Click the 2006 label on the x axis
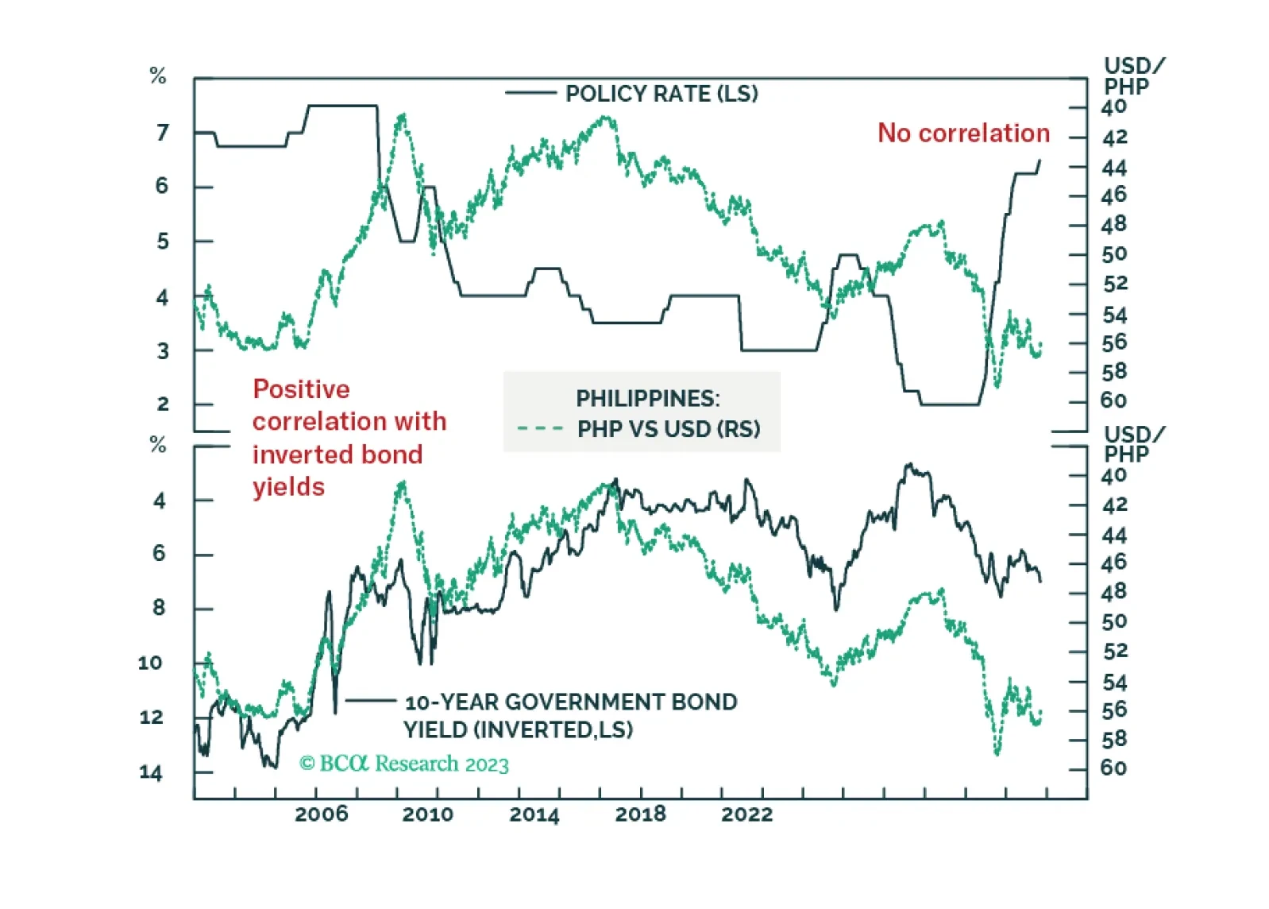pyautogui.click(x=321, y=814)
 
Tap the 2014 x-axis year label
pyautogui.click(x=534, y=814)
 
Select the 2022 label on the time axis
pyautogui.click(x=746, y=814)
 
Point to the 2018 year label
pyautogui.click(x=640, y=814)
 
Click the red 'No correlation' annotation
pyautogui.click(x=963, y=133)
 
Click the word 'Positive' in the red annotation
pyautogui.click(x=301, y=389)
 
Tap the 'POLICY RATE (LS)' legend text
pyautogui.click(x=661, y=94)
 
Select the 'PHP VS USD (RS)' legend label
pyautogui.click(x=669, y=429)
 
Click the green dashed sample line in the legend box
pyautogui.click(x=540, y=429)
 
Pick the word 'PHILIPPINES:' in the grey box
pyautogui.click(x=648, y=398)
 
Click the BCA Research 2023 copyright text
pyautogui.click(x=404, y=764)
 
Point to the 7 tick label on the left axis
pyautogui.click(x=163, y=133)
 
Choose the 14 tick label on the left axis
pyautogui.click(x=150, y=772)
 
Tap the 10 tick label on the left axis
pyautogui.click(x=150, y=663)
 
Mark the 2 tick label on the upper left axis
pyautogui.click(x=163, y=404)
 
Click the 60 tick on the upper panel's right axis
pyautogui.click(x=1113, y=401)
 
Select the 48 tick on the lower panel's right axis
pyautogui.click(x=1113, y=592)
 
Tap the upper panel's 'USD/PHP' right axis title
pyautogui.click(x=1133, y=76)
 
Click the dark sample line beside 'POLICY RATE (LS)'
pyautogui.click(x=530, y=94)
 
